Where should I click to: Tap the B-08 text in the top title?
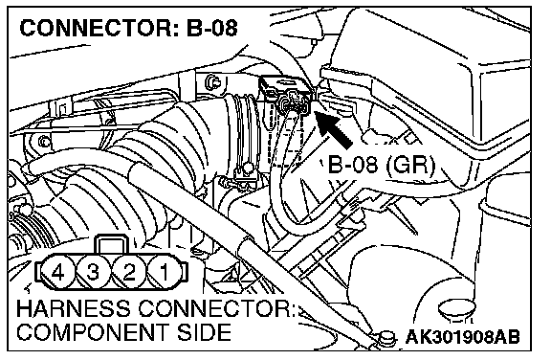(212, 28)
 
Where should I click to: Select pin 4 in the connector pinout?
(58, 272)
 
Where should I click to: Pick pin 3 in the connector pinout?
(93, 272)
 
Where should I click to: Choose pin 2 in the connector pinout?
(129, 272)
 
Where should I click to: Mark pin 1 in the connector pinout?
(165, 272)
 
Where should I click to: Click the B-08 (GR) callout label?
(382, 164)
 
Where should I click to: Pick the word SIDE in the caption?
(205, 332)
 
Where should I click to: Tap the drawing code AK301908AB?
(462, 337)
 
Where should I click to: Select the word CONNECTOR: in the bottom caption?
(217, 308)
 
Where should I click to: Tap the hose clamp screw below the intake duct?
(248, 168)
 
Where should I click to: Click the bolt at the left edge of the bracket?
(44, 142)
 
